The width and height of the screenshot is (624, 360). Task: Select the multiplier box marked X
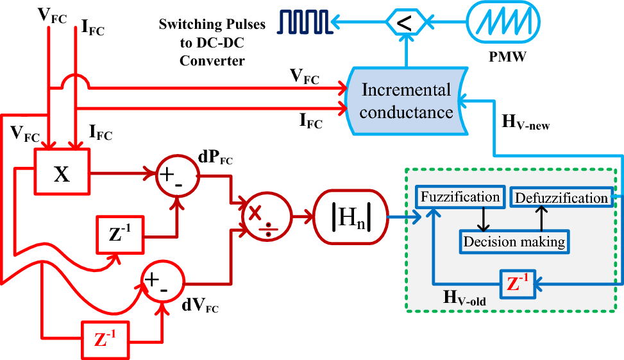click(x=62, y=173)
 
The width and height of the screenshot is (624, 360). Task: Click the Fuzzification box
click(x=459, y=197)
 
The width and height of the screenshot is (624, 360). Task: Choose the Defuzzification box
click(x=561, y=198)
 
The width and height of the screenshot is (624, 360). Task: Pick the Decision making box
click(x=514, y=241)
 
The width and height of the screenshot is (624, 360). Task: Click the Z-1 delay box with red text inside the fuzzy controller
click(x=518, y=282)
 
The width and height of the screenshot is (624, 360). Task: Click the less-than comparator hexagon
click(x=405, y=23)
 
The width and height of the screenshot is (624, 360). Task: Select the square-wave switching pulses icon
click(x=305, y=21)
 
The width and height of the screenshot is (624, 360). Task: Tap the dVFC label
click(x=200, y=307)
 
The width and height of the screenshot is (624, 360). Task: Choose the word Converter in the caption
click(x=212, y=61)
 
